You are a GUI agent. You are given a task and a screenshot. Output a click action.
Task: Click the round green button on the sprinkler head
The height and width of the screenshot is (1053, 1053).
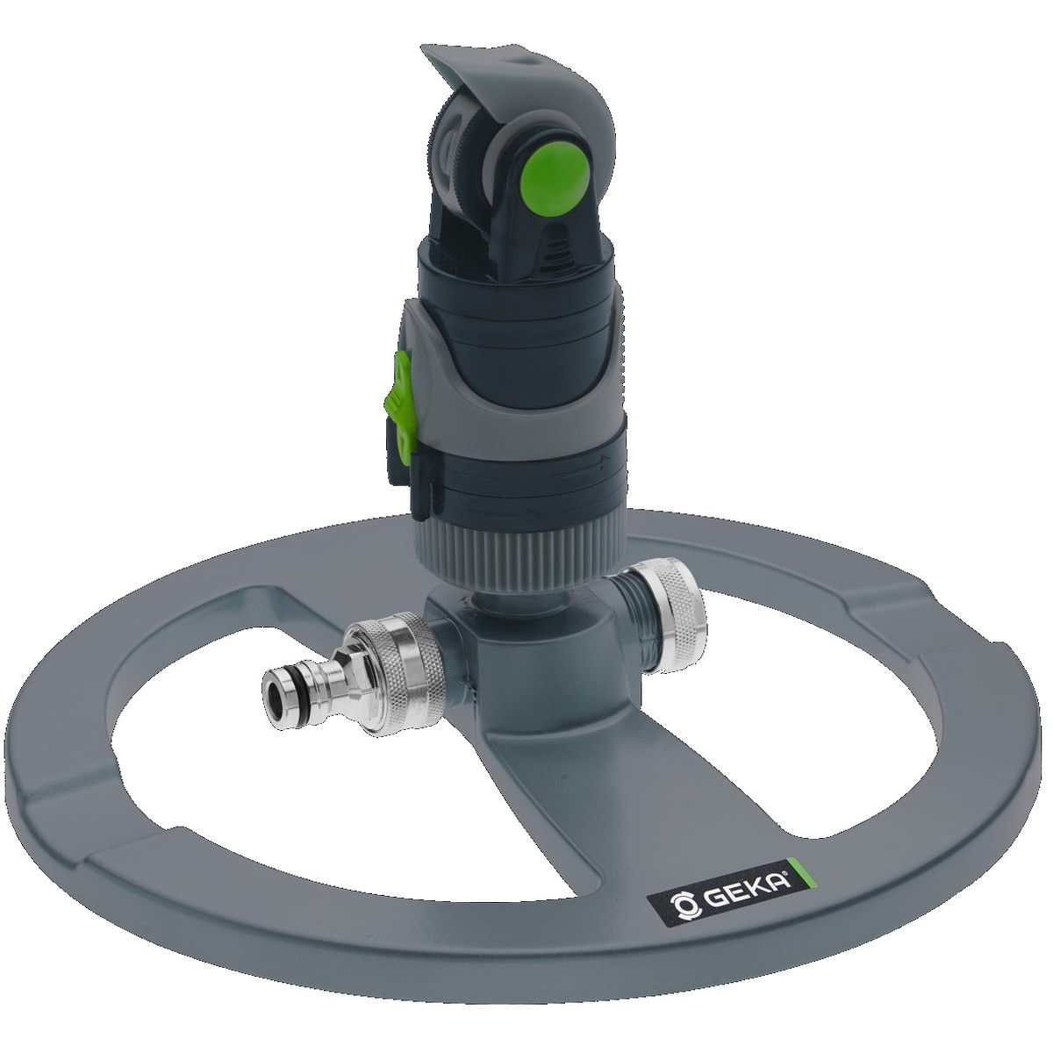(x=555, y=172)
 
